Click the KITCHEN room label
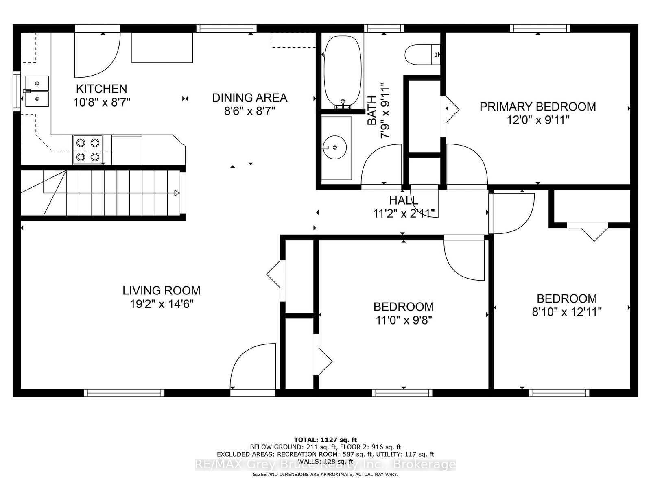[x=101, y=89]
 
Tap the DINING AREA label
[x=250, y=98]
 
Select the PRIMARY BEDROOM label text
[x=538, y=107]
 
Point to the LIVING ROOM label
[x=162, y=290]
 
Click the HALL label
[x=404, y=200]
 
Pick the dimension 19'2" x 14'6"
[x=162, y=304]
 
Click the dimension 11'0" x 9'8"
[x=404, y=320]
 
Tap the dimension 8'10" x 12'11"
[x=567, y=312]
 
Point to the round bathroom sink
[x=334, y=147]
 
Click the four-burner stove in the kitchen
[x=88, y=150]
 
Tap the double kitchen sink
[x=37, y=91]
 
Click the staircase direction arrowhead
[x=177, y=193]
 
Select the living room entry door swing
[x=253, y=366]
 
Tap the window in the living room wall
[x=124, y=393]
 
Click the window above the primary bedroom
[x=540, y=28]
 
